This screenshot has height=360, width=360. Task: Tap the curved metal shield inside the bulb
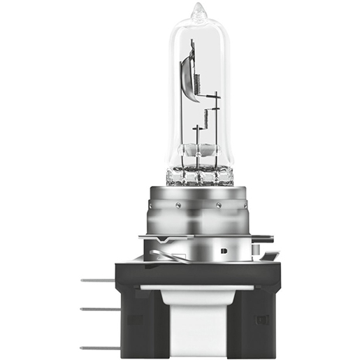(x=187, y=77)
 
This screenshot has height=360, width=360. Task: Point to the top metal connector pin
(x=95, y=280)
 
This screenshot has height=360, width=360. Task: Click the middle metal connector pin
(x=95, y=308)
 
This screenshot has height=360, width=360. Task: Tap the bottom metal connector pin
(x=95, y=347)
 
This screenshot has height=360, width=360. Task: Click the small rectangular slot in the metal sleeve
(x=223, y=248)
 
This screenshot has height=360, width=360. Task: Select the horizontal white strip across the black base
(x=199, y=287)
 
